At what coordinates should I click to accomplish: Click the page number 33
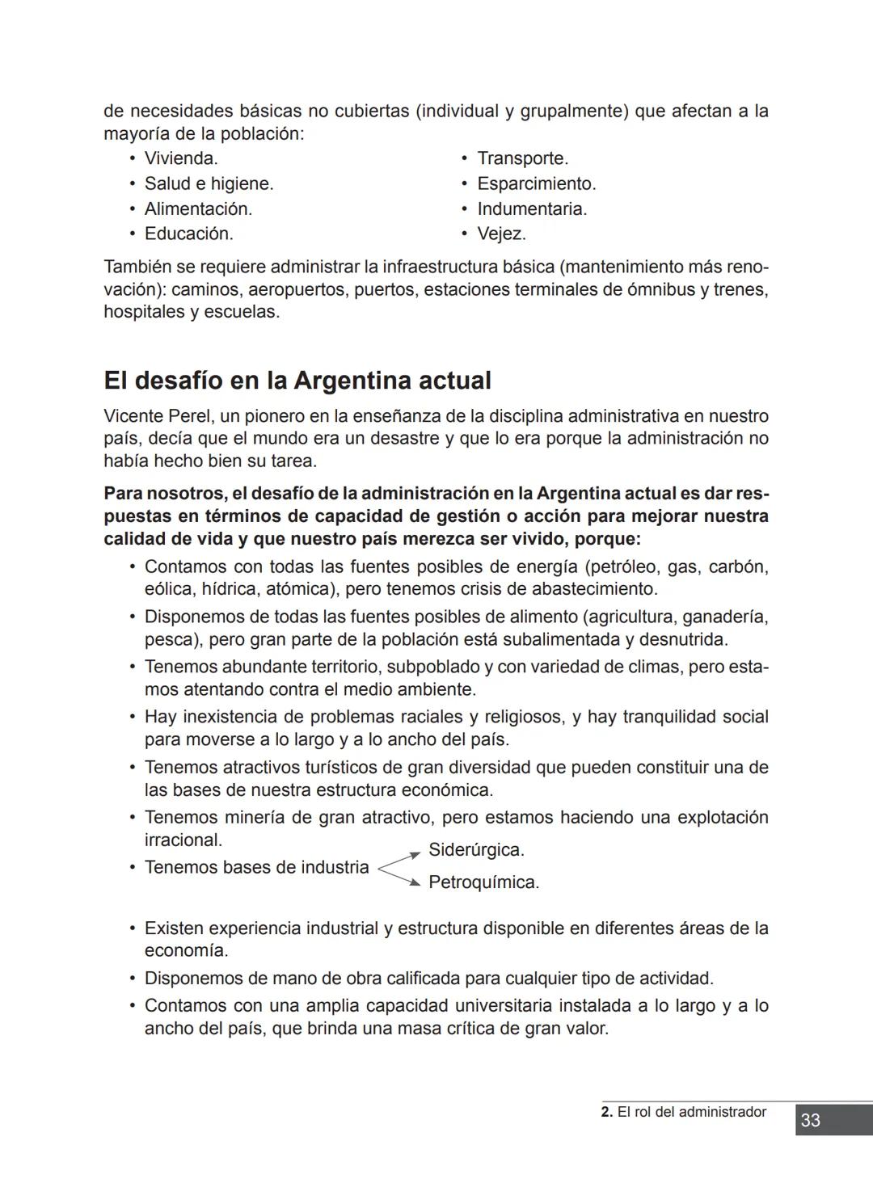tap(810, 1120)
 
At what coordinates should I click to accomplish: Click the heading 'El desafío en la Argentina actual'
tap(297, 380)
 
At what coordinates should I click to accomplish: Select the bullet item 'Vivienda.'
tap(181, 158)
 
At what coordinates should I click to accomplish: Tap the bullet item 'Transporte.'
tap(522, 158)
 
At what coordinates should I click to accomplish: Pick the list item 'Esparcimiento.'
tap(536, 183)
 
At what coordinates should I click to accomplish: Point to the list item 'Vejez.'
tap(501, 234)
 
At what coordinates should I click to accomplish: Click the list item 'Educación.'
tap(188, 234)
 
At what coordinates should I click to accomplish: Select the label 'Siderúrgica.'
tap(476, 850)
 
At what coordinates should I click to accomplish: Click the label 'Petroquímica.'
tap(483, 882)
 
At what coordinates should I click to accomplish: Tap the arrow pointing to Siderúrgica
tap(400, 858)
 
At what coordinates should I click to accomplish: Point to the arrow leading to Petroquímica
tap(400, 877)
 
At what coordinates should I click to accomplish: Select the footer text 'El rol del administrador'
tap(691, 1112)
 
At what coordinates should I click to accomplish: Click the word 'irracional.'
tap(183, 840)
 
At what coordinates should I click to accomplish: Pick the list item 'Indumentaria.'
tap(532, 208)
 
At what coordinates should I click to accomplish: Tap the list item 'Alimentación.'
tap(198, 208)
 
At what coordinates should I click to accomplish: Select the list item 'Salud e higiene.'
tap(209, 183)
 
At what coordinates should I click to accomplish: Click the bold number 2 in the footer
tap(606, 1112)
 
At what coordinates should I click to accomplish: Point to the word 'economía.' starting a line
tap(186, 950)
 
